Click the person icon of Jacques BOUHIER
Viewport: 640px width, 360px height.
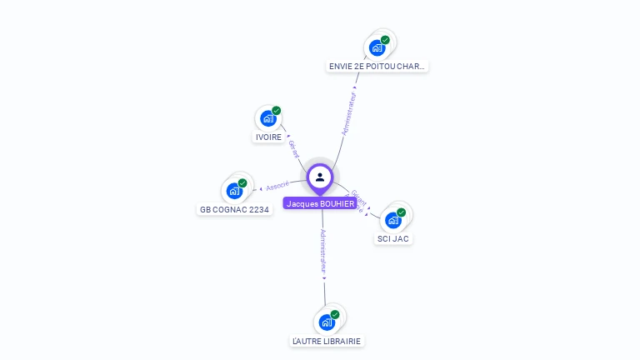[x=320, y=177]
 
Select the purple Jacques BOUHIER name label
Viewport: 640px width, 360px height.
[x=320, y=203]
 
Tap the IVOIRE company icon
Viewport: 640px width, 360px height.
[x=267, y=118]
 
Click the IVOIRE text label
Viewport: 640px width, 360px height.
[x=268, y=137]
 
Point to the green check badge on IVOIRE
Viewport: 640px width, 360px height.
[x=277, y=111]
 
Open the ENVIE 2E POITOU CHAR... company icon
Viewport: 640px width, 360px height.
[x=377, y=47]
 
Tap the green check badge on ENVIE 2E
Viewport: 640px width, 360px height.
[x=385, y=40]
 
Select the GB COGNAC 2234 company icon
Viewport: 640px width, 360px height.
[x=234, y=191]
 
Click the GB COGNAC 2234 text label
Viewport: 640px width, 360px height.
[x=234, y=210]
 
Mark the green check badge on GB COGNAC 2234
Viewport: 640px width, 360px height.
[x=242, y=183]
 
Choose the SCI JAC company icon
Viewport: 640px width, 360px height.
[x=393, y=220]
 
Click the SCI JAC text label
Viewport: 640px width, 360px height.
[x=393, y=238]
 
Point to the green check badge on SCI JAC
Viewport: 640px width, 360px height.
[x=401, y=212]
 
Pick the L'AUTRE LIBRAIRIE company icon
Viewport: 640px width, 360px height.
[x=327, y=322]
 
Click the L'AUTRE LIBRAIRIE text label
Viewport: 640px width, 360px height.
[x=327, y=341]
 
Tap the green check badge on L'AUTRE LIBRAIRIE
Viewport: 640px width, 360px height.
[x=335, y=314]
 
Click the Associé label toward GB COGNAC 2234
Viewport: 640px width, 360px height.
[x=277, y=185]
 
